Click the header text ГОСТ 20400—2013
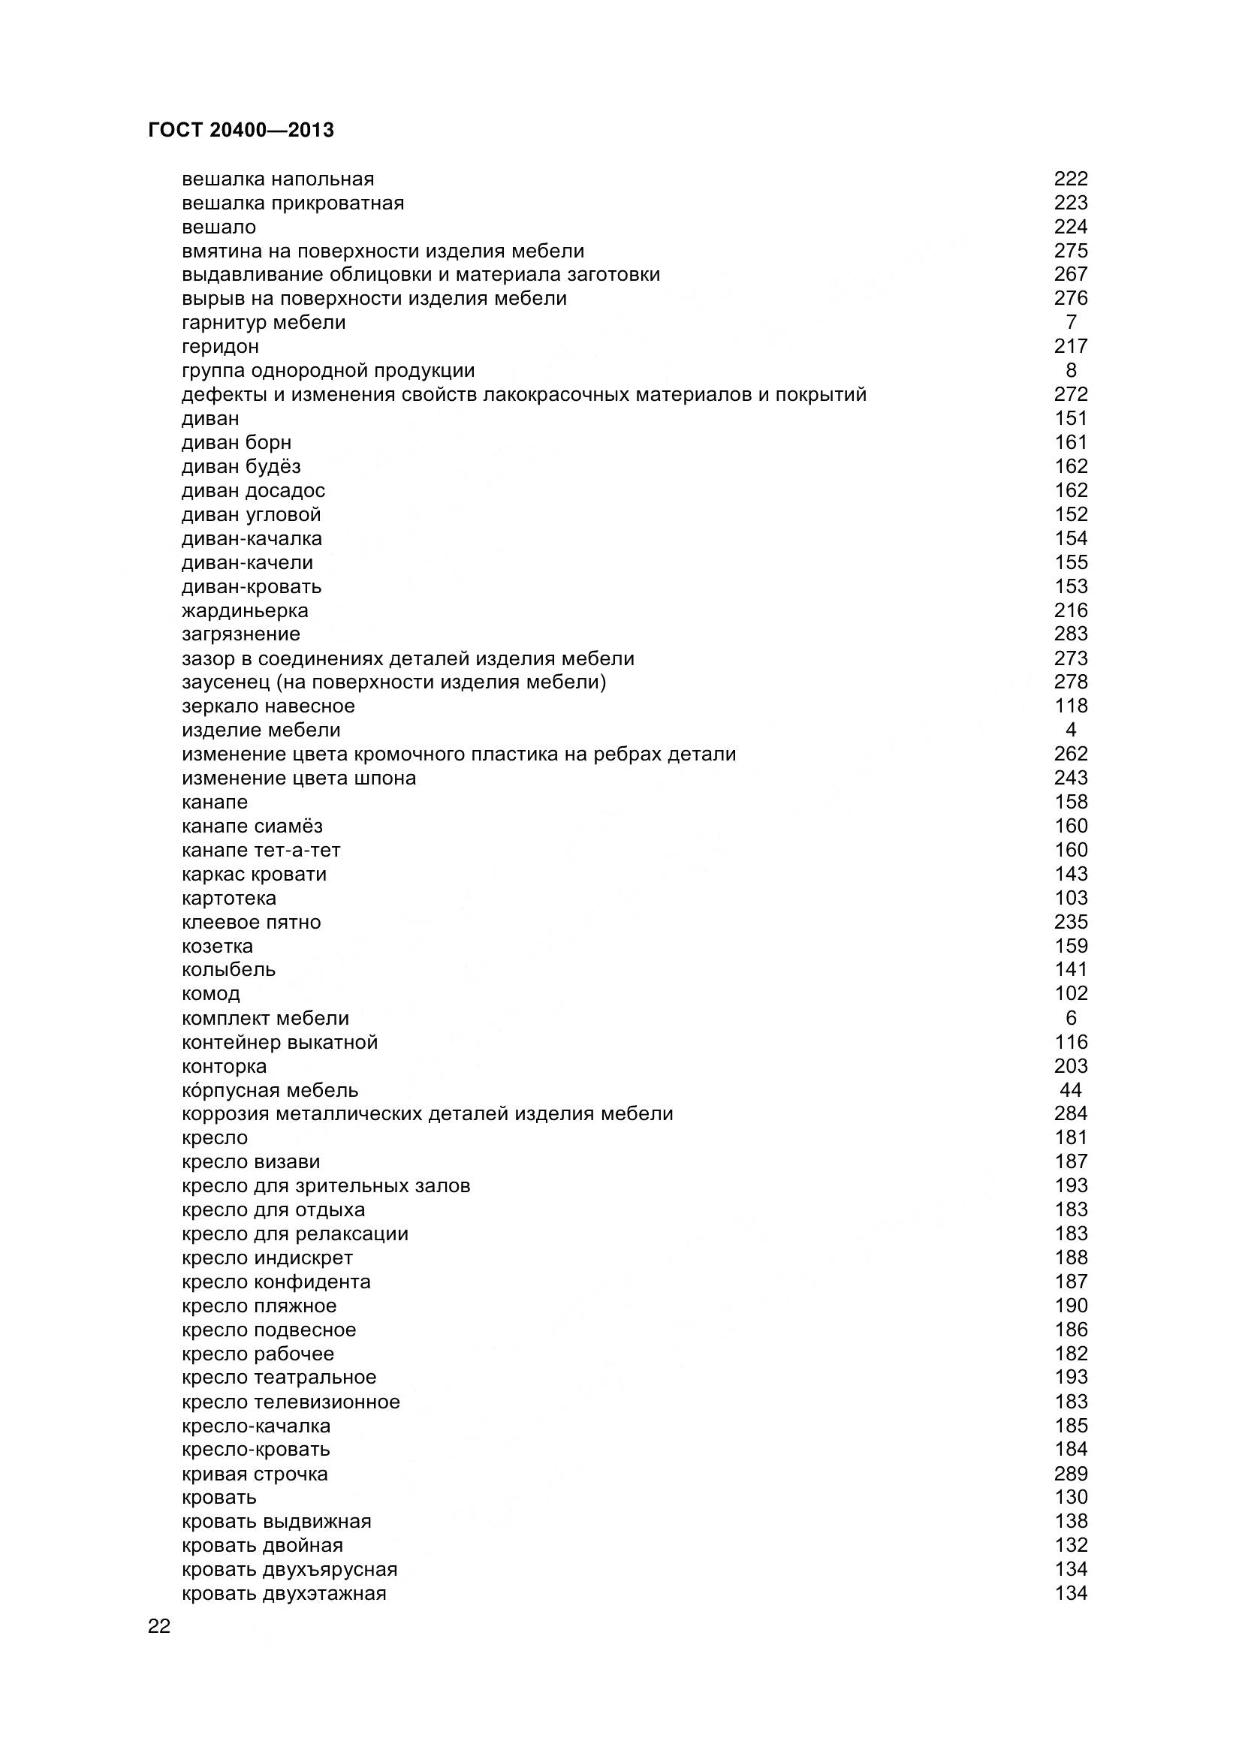[x=241, y=131]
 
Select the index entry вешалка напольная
[x=278, y=179]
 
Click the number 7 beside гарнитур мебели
[x=1071, y=322]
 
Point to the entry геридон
[x=220, y=346]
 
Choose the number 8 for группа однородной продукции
[x=1071, y=370]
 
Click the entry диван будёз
[x=241, y=466]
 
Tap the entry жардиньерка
[x=245, y=610]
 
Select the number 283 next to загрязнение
[x=1071, y=634]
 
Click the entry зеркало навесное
[x=268, y=706]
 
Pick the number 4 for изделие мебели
[x=1071, y=730]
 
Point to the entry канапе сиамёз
[x=252, y=826]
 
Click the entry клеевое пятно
[x=251, y=923]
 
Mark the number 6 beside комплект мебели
[x=1071, y=1018]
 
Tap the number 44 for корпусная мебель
[x=1071, y=1090]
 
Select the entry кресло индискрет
[x=267, y=1258]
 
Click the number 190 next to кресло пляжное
[x=1071, y=1306]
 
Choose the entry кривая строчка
[x=255, y=1474]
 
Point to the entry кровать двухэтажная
[x=284, y=1593]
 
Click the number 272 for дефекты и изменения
[x=1071, y=395]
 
